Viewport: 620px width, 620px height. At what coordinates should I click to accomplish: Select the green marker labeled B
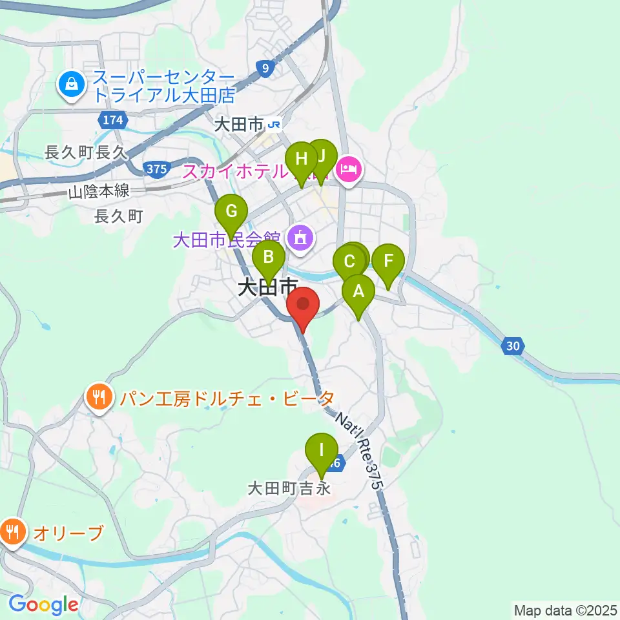[x=268, y=259]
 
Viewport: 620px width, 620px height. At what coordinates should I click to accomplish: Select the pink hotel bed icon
[x=348, y=170]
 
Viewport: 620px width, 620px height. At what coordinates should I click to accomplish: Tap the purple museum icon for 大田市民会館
[x=301, y=240]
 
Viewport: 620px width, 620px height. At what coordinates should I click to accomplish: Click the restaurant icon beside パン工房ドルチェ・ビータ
[x=99, y=396]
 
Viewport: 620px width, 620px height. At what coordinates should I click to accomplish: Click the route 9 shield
[x=264, y=67]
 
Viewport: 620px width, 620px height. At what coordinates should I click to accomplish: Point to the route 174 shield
[x=112, y=119]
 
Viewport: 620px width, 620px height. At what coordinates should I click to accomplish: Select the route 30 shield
[x=513, y=347]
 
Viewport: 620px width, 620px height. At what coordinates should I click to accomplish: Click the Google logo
[x=43, y=605]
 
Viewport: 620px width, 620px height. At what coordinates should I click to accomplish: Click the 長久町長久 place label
[x=84, y=152]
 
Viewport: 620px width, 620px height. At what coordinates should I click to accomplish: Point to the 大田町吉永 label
[x=289, y=489]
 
